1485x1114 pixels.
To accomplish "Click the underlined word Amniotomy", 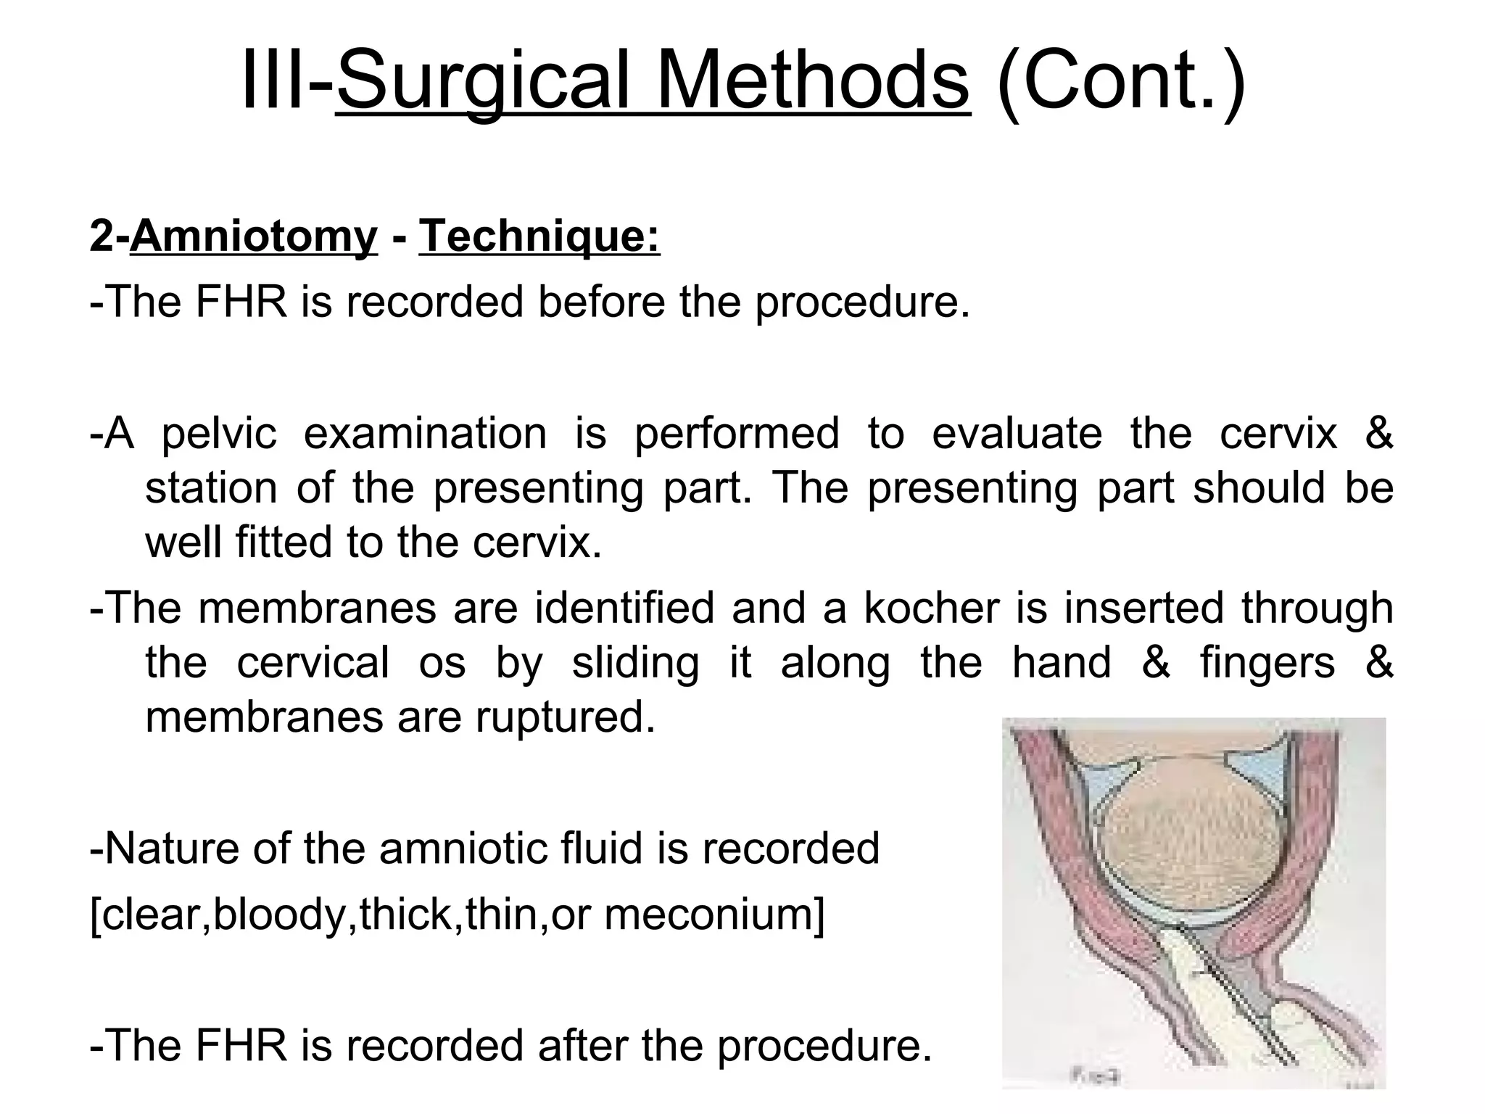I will [254, 236].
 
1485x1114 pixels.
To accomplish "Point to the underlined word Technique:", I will [539, 236].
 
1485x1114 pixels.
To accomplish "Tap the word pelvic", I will [219, 434].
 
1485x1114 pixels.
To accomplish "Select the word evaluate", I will [1017, 434].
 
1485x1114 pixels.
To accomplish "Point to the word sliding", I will [635, 662].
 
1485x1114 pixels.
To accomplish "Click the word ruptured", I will [566, 717].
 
